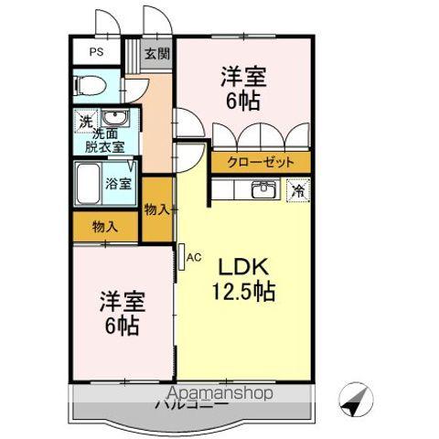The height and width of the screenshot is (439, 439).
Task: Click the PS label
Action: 95,52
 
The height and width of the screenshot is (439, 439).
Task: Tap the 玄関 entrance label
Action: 156,54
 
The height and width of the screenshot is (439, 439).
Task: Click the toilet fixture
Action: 91,87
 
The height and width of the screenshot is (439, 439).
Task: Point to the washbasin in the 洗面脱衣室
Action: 115,120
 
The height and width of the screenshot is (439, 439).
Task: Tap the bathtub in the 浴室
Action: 90,185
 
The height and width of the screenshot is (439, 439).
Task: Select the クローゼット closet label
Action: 262,162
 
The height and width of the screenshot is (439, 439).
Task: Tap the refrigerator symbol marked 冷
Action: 299,190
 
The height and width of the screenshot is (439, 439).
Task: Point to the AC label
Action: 193,257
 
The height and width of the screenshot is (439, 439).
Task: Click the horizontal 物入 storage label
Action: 104,226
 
